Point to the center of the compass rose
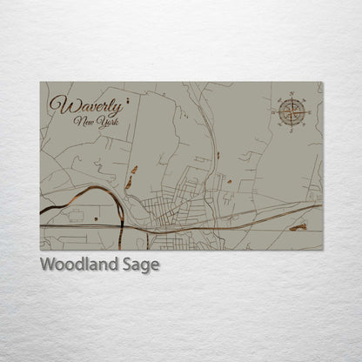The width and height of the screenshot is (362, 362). click(292, 111)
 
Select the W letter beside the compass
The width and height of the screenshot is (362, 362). click(272, 111)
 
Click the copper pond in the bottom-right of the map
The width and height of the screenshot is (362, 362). click(298, 227)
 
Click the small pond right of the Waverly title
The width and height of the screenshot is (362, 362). click(135, 169)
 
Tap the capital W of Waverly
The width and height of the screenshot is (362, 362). click(59, 105)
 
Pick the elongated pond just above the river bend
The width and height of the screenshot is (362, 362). click(128, 183)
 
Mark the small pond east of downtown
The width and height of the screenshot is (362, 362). click(228, 182)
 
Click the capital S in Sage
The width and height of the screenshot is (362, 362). click(131, 265)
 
